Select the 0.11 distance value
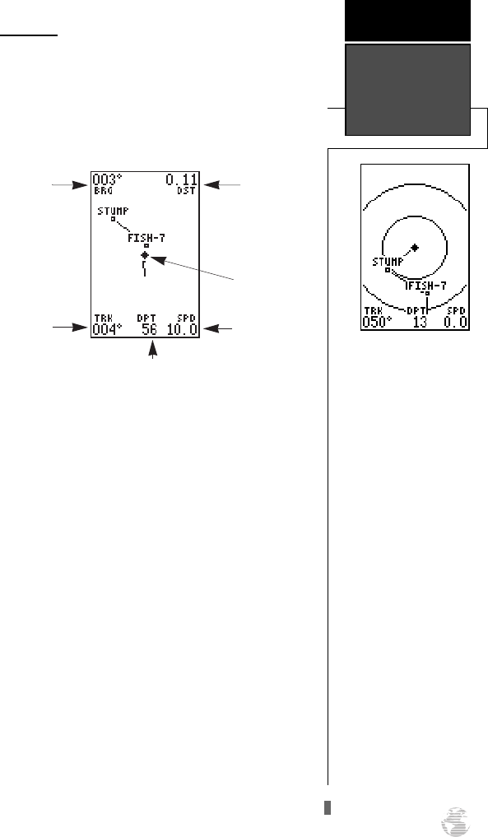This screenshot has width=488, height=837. click(x=181, y=179)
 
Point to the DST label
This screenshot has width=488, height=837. click(x=186, y=190)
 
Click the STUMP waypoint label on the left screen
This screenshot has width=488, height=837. click(x=113, y=212)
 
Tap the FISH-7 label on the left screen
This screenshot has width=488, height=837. click(x=146, y=238)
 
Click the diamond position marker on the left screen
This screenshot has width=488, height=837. click(x=145, y=255)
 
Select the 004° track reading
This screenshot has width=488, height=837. click(x=107, y=329)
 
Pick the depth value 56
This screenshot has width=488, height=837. click(x=150, y=329)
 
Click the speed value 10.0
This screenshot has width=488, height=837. click(x=182, y=329)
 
